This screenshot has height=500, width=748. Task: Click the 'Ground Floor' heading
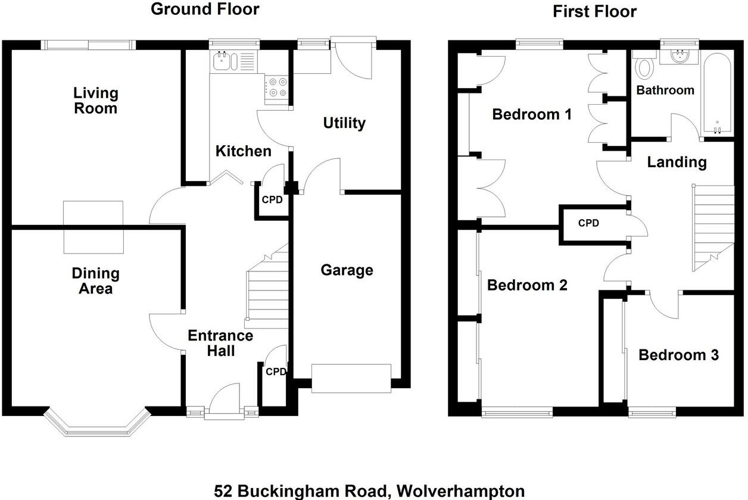(205, 9)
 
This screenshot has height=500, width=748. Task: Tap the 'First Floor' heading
(594, 11)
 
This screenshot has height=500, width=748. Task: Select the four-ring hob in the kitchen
(277, 87)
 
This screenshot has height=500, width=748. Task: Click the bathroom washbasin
(679, 57)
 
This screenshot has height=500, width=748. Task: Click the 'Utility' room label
(344, 123)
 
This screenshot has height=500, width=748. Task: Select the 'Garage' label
(347, 270)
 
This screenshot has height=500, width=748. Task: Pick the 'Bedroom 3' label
(678, 355)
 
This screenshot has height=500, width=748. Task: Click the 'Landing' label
(677, 162)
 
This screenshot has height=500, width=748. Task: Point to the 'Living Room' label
(96, 101)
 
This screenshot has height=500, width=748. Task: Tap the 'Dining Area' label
(96, 281)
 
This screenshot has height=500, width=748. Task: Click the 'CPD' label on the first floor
(588, 223)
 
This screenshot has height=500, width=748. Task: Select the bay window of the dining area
(95, 424)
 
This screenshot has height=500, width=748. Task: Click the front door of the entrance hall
(224, 405)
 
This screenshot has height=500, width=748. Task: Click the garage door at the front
(351, 378)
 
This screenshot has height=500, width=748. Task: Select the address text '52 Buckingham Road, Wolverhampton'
(369, 491)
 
